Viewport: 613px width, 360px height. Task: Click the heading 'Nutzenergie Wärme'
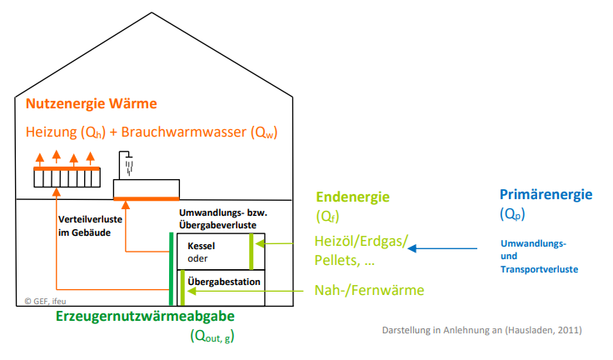pos(92,104)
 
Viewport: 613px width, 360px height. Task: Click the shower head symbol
pos(127,162)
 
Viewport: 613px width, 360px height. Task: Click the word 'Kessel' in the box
pos(202,247)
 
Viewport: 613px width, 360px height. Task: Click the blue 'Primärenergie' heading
pos(546,195)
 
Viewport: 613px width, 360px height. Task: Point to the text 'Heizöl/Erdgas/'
pos(361,242)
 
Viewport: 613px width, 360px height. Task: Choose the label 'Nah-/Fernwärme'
pos(370,290)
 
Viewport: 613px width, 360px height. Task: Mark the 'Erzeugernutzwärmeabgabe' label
pos(145,317)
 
